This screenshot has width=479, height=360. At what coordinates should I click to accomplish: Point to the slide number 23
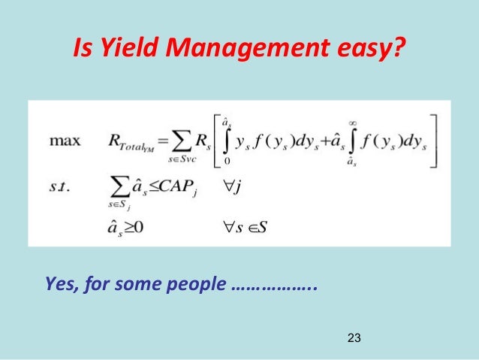pos(355,339)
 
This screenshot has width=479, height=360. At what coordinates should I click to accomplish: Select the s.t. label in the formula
pos(60,183)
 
